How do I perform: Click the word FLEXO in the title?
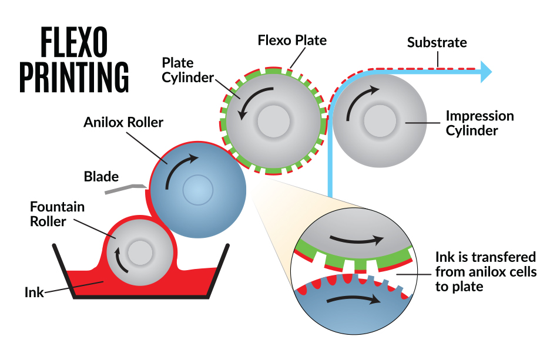click(x=74, y=43)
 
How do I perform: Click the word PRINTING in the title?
click(x=74, y=76)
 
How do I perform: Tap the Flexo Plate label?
click(x=292, y=41)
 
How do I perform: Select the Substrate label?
click(x=437, y=43)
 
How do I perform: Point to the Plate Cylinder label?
click(x=187, y=70)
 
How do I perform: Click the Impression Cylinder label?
click(x=479, y=123)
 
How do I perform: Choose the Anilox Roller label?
click(x=123, y=123)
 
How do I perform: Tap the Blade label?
click(x=101, y=176)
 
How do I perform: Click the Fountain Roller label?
click(x=57, y=214)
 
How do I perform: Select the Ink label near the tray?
click(x=34, y=291)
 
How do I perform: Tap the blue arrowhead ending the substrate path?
click(x=485, y=71)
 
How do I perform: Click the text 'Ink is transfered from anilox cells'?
click(x=486, y=264)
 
